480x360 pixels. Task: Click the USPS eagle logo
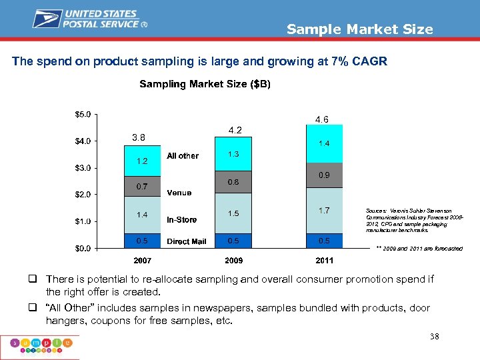49,19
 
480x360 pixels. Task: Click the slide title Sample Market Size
359,29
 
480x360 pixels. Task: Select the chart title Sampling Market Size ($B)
205,84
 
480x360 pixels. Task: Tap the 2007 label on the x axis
142,260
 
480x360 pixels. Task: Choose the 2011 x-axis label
324,260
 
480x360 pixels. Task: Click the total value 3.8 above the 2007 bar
138,137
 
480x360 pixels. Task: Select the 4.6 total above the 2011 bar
321,120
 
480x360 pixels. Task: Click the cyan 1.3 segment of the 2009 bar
233,154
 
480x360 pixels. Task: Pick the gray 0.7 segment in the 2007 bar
142,186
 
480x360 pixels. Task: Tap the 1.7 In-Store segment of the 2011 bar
324,211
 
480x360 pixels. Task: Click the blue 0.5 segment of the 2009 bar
233,241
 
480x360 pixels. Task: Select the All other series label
183,156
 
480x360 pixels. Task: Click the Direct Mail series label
187,241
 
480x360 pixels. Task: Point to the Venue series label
179,193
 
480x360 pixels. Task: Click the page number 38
434,337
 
